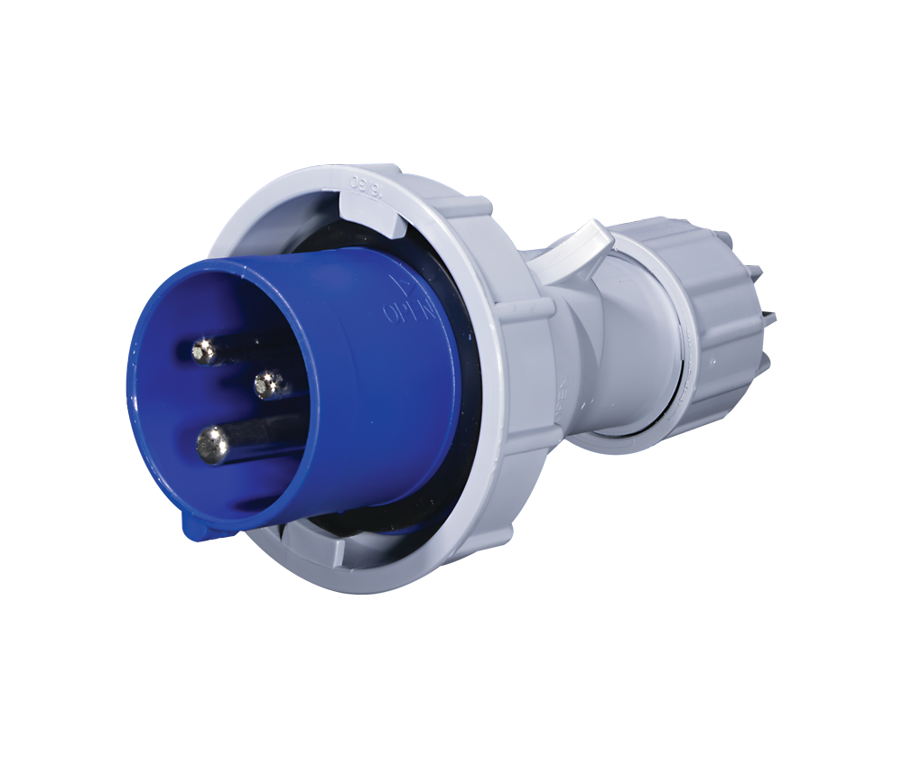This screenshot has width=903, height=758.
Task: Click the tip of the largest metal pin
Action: [x=214, y=445]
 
